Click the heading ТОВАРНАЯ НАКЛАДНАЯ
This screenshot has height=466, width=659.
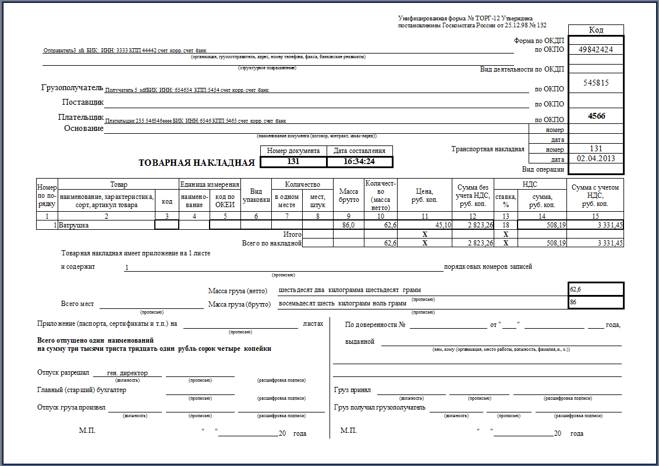[197, 162]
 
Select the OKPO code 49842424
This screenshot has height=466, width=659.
[596, 49]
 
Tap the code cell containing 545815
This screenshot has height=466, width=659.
[596, 83]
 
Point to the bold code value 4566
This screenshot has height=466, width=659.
[596, 116]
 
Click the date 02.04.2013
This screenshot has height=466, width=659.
[596, 158]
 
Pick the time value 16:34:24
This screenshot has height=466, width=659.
[359, 162]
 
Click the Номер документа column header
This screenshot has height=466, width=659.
[293, 151]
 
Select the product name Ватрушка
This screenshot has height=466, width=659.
[74, 225]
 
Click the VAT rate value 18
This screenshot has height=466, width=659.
[505, 225]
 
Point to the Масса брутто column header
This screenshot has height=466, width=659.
[349, 196]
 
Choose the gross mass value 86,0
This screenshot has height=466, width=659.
[349, 225]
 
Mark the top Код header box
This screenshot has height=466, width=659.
[596, 30]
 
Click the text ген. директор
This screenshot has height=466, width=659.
[127, 372]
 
